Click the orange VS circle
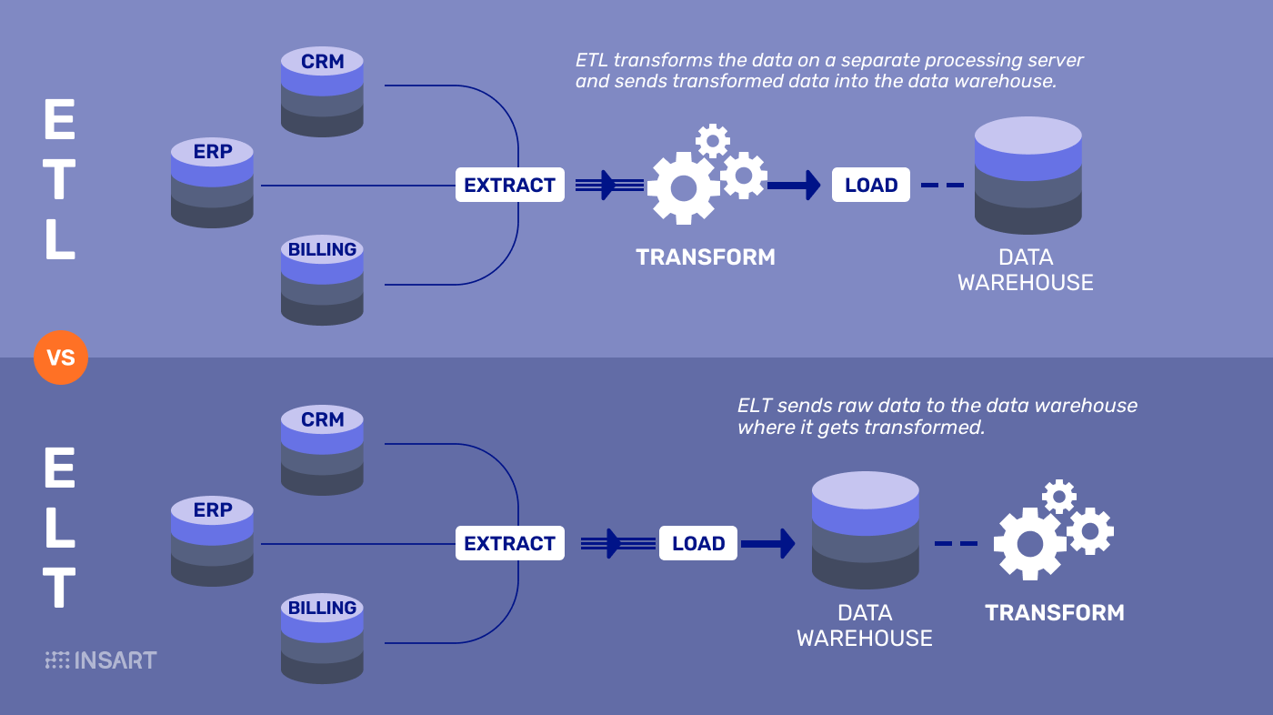pyautogui.click(x=61, y=357)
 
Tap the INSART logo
pyautogui.click(x=101, y=660)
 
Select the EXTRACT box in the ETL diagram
pyautogui.click(x=509, y=186)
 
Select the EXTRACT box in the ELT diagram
pyautogui.click(x=509, y=544)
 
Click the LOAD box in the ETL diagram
pyautogui.click(x=870, y=186)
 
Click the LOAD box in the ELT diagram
pyautogui.click(x=697, y=544)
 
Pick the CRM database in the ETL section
pyautogui.click(x=322, y=92)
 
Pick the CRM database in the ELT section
pyautogui.click(x=322, y=450)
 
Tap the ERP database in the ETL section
pyautogui.click(x=212, y=182)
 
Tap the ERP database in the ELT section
pyautogui.click(x=212, y=540)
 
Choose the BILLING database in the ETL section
pyautogui.click(x=322, y=279)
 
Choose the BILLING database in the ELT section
pyautogui.click(x=322, y=638)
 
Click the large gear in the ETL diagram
pyautogui.click(x=683, y=188)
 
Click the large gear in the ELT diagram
pyautogui.click(x=1029, y=544)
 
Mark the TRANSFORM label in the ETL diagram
pyautogui.click(x=706, y=257)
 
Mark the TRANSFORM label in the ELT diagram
pyautogui.click(x=1055, y=613)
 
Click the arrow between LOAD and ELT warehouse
pyautogui.click(x=767, y=544)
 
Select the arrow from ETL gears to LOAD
pyautogui.click(x=793, y=186)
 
